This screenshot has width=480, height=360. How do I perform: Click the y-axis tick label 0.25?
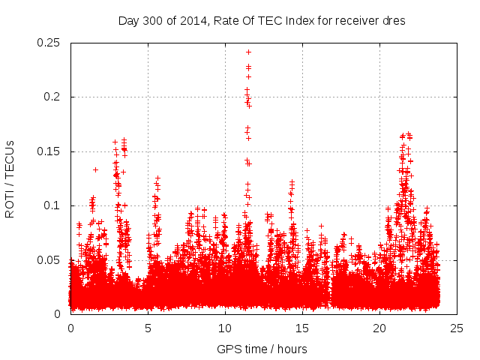click(x=49, y=43)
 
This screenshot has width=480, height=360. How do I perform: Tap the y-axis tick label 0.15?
click(x=49, y=151)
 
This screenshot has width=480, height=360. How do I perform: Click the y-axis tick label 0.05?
click(x=49, y=260)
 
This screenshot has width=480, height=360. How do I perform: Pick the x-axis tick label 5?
click(x=148, y=328)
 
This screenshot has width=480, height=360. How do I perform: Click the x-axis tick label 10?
click(x=225, y=328)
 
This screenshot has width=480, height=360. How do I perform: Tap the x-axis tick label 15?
click(x=302, y=328)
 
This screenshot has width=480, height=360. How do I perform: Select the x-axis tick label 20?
click(x=379, y=328)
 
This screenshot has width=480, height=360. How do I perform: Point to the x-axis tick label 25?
click(x=457, y=328)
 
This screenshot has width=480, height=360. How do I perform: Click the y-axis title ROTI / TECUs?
click(x=10, y=178)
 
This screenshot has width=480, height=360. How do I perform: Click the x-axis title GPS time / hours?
click(x=262, y=349)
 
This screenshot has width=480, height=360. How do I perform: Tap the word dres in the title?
click(x=394, y=20)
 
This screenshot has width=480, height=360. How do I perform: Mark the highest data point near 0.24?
click(x=248, y=52)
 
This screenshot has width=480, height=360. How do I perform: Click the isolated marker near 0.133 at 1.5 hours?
click(x=95, y=169)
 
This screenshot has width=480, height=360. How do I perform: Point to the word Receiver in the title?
click(x=355, y=20)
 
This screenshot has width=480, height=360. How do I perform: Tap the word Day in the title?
click(x=129, y=20)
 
